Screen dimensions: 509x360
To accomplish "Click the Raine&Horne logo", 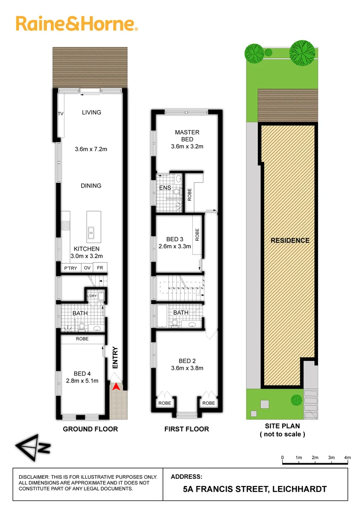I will coord(77,23).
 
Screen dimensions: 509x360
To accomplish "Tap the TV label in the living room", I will coord(60,114).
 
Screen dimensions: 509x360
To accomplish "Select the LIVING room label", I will coord(91,112).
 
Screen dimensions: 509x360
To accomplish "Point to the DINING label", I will coord(91,186).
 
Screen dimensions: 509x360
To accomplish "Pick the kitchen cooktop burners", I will coord(65,226).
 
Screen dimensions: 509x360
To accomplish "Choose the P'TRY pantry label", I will coord(71,268).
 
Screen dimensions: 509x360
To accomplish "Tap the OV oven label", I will coord(87,268).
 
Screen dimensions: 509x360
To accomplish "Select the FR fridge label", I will coord(99,268).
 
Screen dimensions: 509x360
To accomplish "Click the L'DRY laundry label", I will coord(92,296).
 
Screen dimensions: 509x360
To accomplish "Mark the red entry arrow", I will coord(115,387).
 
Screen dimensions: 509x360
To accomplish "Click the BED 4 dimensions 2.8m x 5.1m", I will coord(82,381).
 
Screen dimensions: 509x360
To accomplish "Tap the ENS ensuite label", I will coord(164,188).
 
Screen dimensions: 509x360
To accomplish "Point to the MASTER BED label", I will coord(187,136).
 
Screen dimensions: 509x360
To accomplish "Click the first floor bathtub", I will coord(161,316).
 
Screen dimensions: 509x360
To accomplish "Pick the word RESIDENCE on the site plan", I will coord(290,240).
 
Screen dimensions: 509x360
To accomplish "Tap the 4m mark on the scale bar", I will coord(347,458).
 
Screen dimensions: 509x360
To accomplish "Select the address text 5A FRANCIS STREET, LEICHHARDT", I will coord(254,489).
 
